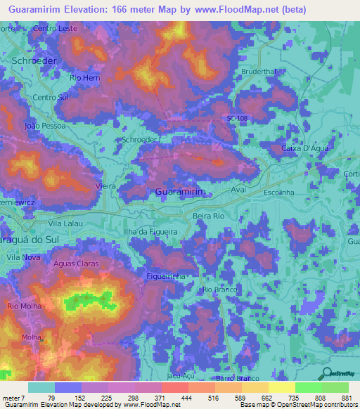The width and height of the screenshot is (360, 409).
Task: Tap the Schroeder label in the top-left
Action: (x=34, y=61)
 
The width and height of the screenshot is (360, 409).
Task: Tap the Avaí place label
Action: (x=240, y=190)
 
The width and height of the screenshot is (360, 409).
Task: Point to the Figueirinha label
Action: (x=166, y=276)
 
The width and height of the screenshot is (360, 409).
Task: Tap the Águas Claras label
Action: (x=76, y=264)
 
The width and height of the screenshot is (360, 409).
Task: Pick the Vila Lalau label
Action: (x=65, y=223)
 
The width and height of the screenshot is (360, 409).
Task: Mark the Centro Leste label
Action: (x=53, y=29)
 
